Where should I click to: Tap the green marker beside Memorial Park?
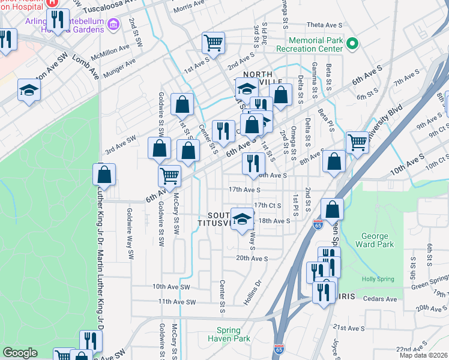353,43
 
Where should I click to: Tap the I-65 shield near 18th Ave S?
318,225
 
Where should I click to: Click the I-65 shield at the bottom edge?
279,349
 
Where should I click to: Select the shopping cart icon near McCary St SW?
170,176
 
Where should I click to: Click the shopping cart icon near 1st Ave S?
213,43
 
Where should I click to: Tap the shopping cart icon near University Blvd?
357,142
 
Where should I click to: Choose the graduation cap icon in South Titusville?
242,218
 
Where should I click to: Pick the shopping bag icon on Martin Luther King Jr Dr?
104,174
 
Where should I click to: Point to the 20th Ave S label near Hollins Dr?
252,259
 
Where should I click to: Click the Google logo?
20,353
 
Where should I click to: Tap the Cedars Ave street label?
382,299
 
